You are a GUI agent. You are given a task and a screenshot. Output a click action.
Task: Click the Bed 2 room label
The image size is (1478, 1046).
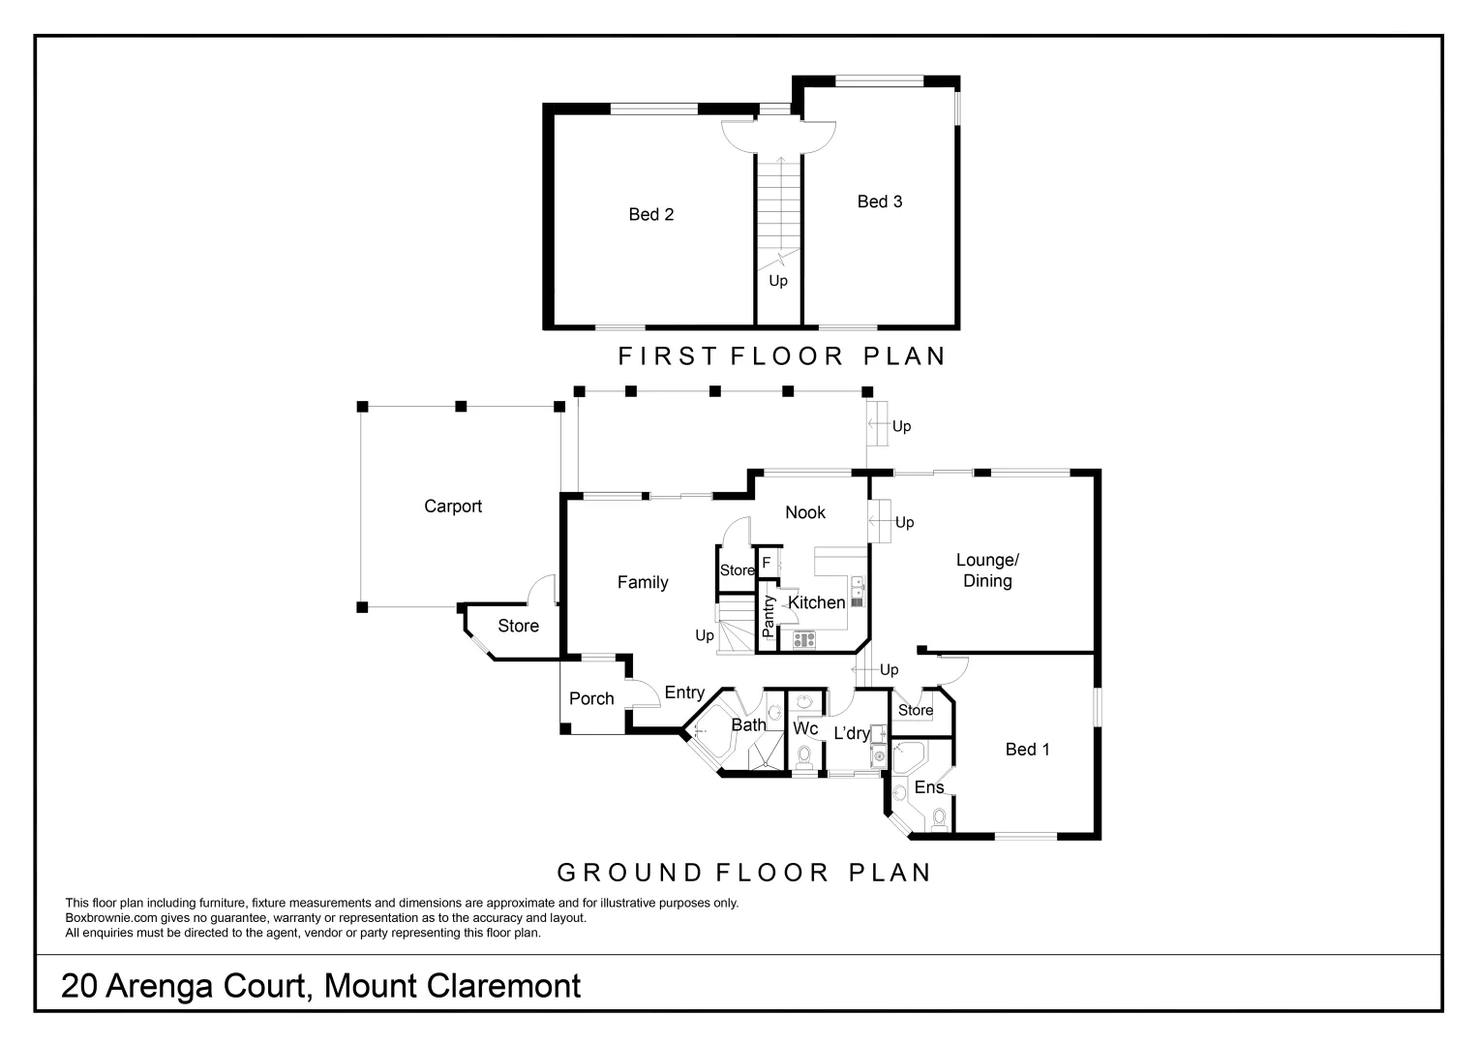point(650,214)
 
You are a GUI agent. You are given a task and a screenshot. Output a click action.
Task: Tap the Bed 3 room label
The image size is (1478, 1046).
point(879,201)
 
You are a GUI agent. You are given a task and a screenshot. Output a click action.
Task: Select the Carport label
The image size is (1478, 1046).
point(452,506)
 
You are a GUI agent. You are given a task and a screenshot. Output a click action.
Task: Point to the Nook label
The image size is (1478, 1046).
point(804,512)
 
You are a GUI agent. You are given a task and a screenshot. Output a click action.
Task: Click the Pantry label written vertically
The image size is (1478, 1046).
point(769,616)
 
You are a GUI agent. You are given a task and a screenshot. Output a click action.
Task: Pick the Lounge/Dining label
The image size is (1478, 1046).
point(986,570)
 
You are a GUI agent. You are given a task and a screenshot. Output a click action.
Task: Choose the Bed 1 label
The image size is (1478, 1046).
point(1027,749)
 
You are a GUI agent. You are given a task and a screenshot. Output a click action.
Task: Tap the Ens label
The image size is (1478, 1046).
point(928,787)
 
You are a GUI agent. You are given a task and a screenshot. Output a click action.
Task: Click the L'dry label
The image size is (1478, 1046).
point(851,733)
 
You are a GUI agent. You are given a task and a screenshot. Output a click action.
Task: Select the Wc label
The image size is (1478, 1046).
point(805,727)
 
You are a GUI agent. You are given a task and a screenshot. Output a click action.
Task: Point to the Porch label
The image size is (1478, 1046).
point(590,698)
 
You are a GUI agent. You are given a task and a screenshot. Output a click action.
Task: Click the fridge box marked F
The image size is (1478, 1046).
point(766,563)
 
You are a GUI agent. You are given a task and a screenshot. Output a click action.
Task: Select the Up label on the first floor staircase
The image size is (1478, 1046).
point(777,281)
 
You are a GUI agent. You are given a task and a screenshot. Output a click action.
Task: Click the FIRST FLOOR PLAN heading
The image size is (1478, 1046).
point(781,356)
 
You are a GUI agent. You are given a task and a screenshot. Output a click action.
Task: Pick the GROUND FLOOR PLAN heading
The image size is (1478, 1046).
point(743,873)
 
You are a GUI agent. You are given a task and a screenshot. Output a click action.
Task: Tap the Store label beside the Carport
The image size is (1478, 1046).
point(518,626)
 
